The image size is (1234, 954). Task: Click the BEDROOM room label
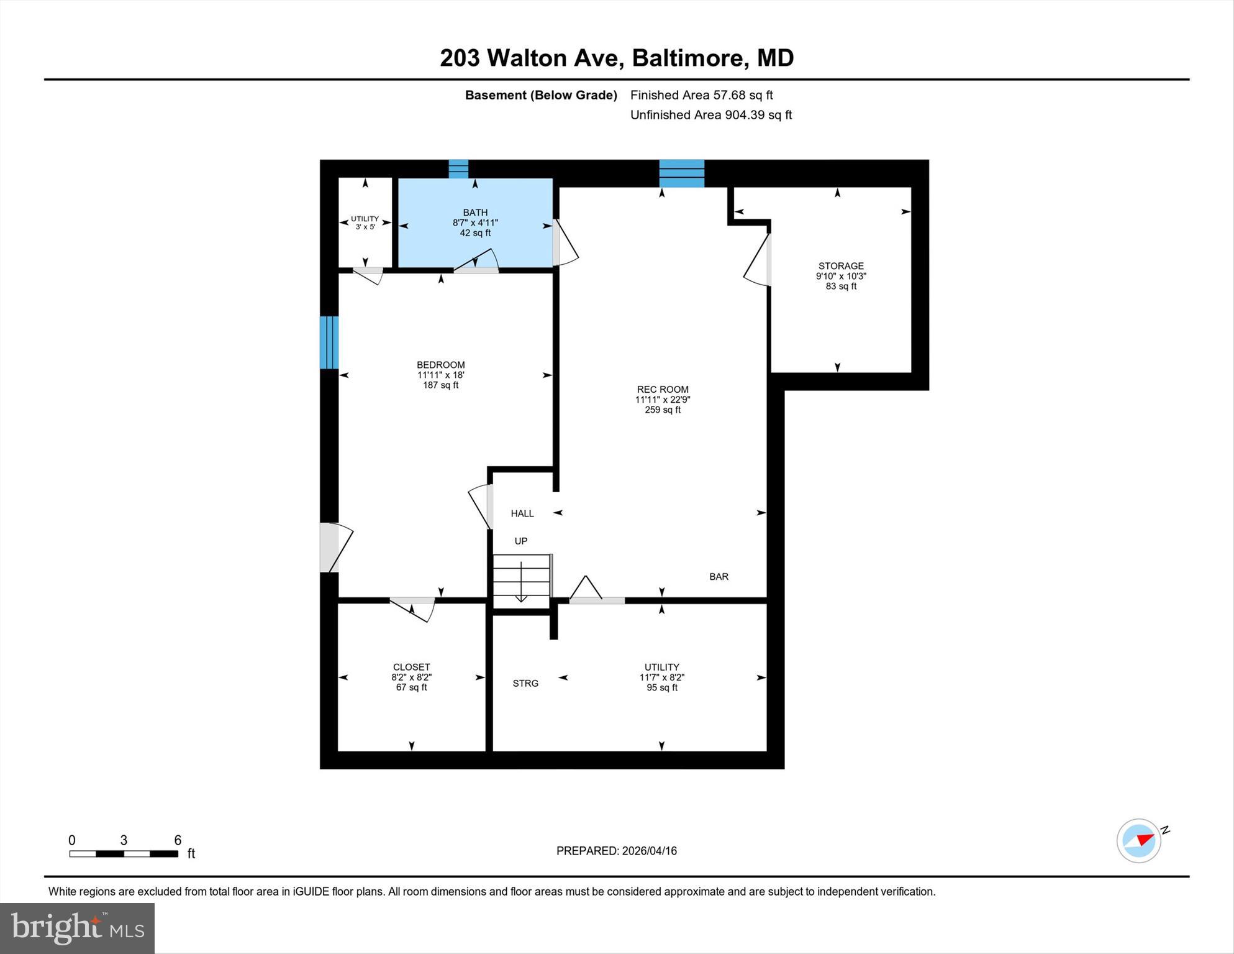(x=440, y=365)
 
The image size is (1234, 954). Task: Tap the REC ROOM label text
(x=662, y=390)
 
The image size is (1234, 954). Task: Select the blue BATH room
(x=475, y=222)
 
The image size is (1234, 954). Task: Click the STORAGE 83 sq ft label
(x=841, y=276)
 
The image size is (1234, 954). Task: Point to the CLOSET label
(x=411, y=667)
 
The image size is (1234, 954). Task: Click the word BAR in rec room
(x=719, y=577)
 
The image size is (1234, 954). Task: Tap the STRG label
(x=525, y=684)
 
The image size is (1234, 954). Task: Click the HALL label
(x=522, y=513)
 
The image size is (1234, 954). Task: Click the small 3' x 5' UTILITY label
(x=365, y=222)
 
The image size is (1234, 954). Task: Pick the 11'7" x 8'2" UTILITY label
(x=661, y=677)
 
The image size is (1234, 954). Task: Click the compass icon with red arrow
(x=1139, y=841)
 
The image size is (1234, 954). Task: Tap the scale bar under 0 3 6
(x=124, y=854)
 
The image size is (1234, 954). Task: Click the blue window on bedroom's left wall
(x=329, y=342)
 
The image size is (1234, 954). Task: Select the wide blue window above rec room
(x=681, y=173)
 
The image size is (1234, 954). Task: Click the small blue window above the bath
(x=458, y=169)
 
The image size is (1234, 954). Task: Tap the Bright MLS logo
(x=77, y=928)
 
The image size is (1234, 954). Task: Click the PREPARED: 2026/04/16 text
(x=616, y=851)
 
